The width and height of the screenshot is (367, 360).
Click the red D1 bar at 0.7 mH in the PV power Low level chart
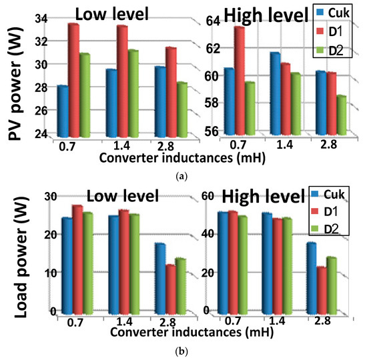pyautogui.click(x=73, y=80)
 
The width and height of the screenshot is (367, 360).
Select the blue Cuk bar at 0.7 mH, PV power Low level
pyautogui.click(x=63, y=111)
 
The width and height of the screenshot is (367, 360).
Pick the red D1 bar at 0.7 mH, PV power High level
pyautogui.click(x=239, y=80)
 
